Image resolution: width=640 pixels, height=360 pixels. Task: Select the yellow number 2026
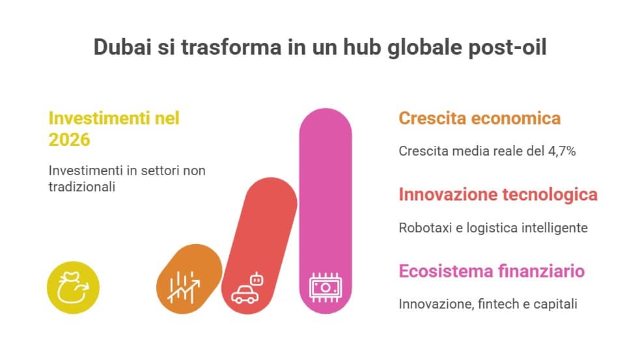[x=70, y=139]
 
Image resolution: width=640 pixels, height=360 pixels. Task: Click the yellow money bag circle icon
[x=73, y=287]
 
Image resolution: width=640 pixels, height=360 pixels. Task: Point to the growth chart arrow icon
[x=184, y=288]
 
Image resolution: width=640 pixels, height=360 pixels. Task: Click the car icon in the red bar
[x=245, y=295]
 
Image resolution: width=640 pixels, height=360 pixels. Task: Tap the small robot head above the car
[x=257, y=279]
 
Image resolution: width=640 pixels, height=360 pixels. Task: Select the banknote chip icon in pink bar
[x=326, y=288]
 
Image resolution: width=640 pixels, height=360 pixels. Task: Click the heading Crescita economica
[x=480, y=118]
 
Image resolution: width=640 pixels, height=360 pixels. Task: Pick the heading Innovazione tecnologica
[x=498, y=195]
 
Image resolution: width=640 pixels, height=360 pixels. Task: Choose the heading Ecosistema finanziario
[x=492, y=271]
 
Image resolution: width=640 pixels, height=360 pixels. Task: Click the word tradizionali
[x=81, y=187]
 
